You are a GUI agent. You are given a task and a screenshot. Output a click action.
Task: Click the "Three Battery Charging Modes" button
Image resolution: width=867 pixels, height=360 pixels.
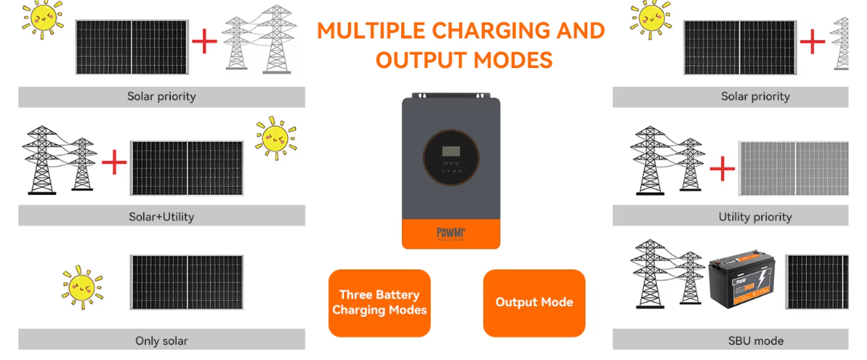pos(379,302)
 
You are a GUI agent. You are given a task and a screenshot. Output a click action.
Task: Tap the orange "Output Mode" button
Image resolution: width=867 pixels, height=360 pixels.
pos(534,302)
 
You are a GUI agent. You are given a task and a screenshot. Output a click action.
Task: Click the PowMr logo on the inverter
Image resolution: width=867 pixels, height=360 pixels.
pos(451,233)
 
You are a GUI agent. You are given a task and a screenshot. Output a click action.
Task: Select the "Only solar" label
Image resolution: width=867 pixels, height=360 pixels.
pos(161,341)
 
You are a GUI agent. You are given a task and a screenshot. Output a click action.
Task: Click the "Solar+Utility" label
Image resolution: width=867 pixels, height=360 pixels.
pos(161,216)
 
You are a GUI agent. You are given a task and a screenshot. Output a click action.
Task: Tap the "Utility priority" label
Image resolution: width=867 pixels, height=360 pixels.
pos(755,216)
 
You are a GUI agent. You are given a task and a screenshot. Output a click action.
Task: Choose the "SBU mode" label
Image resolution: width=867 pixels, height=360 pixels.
pos(755,341)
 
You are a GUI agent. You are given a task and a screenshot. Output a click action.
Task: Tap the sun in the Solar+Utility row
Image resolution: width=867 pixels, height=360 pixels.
pos(276,137)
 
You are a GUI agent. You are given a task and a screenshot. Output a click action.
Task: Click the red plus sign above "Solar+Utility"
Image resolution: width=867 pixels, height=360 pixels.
pos(114,163)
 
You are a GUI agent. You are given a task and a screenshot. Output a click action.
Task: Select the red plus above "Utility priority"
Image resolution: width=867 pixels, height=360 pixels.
pos(723,168)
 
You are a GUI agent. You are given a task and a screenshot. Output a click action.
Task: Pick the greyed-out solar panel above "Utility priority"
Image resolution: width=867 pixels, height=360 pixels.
pos(792,168)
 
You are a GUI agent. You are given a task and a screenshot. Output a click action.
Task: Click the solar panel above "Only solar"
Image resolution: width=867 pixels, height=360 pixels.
pos(186,282)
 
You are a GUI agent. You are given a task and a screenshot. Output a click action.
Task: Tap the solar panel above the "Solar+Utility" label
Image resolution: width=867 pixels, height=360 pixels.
pos(186,168)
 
